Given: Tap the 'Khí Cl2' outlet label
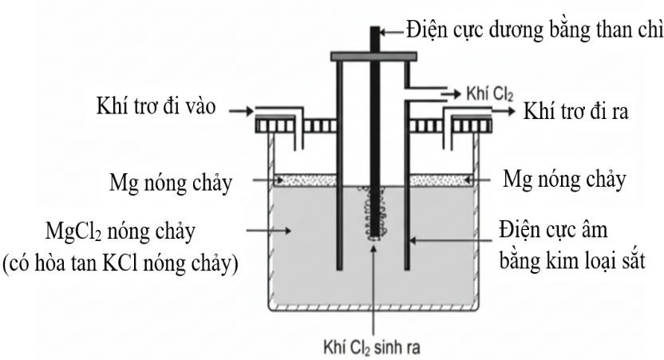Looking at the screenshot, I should (485, 94).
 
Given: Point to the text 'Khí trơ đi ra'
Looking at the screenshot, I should (575, 113).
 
